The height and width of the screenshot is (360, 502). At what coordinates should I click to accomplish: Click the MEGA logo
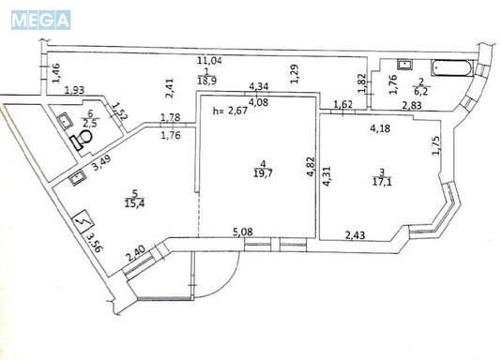coord(40,20)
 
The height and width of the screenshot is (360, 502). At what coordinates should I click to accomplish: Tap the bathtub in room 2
coord(452,68)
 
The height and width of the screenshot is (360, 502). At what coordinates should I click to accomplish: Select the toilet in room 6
coord(82,139)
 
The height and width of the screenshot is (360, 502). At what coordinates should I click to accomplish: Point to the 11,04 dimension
coord(209,61)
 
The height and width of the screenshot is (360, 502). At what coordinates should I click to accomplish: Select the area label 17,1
coord(382,182)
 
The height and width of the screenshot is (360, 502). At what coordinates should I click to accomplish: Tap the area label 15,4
coord(134,202)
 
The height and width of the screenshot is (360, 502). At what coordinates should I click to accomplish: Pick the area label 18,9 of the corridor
coord(206,81)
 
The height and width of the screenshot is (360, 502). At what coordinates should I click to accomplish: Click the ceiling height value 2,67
coord(237,111)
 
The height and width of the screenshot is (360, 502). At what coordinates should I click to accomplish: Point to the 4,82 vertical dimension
coord(311,167)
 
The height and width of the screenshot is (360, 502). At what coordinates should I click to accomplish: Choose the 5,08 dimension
coord(243,232)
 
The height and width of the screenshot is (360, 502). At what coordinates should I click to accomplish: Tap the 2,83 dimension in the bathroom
coord(412,105)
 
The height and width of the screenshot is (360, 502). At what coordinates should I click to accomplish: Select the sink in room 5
coord(78,178)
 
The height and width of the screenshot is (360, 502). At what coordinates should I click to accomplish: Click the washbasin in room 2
coord(405,65)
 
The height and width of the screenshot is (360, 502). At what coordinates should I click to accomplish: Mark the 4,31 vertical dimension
coord(327,175)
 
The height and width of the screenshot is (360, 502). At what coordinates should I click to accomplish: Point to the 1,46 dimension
coord(55,74)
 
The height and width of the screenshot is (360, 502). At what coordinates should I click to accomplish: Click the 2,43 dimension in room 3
coord(355,235)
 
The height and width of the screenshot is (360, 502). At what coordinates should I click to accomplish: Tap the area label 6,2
coord(421,91)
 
